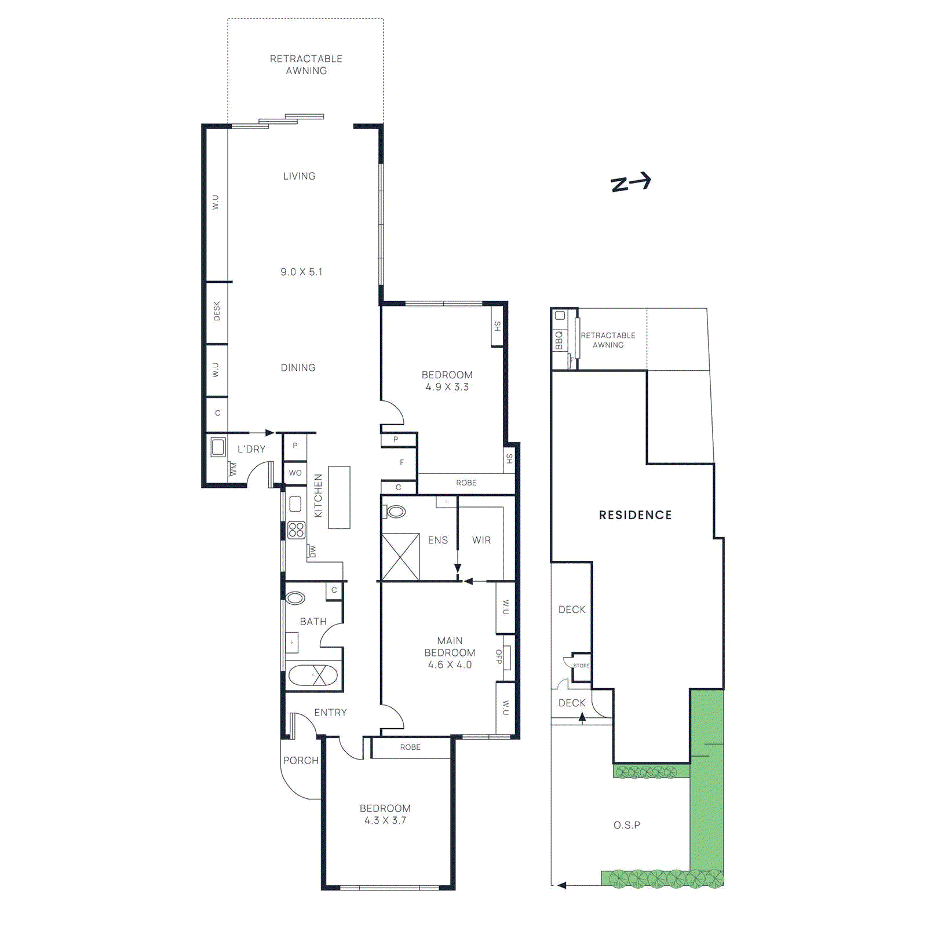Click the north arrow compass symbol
click(631, 183)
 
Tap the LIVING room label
click(299, 176)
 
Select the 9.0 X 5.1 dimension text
click(301, 272)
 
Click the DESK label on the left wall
click(217, 311)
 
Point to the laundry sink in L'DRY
click(218, 447)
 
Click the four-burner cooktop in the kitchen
click(296, 530)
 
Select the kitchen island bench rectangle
click(339, 497)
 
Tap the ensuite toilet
click(396, 512)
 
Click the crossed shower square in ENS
click(400, 557)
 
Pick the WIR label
click(481, 540)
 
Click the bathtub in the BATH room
click(313, 675)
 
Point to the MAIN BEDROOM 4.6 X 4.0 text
click(450, 652)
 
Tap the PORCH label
click(301, 760)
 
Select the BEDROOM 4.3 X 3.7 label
click(385, 814)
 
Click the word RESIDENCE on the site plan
click(635, 515)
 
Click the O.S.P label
click(627, 825)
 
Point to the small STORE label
click(581, 666)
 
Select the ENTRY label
click(330, 713)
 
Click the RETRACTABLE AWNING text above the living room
click(306, 64)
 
